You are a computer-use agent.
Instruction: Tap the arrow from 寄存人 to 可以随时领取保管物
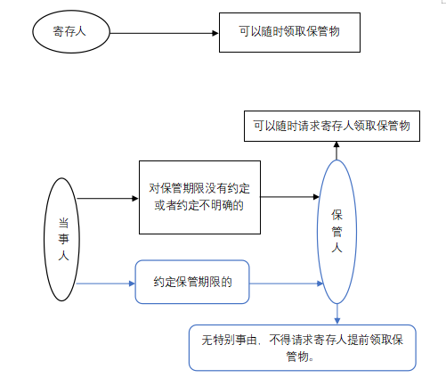[x=165, y=33]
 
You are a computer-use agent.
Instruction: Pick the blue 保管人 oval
[x=337, y=233]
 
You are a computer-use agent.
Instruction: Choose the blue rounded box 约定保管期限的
[x=192, y=283]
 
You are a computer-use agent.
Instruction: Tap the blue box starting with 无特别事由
[x=303, y=348]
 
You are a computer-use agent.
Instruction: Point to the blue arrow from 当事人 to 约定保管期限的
[x=105, y=283]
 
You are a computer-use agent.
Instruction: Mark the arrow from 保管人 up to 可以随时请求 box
[x=337, y=152]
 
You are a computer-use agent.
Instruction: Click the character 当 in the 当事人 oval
[x=61, y=218]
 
